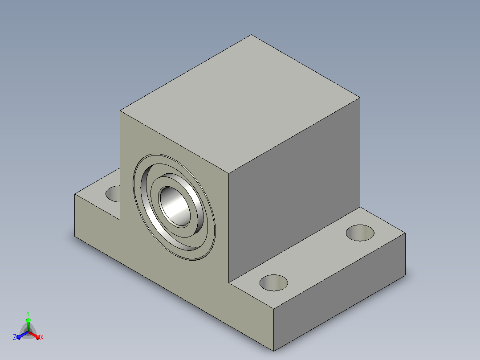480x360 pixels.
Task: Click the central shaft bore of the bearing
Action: [x=175, y=206]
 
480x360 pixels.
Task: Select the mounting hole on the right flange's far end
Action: [x=360, y=233]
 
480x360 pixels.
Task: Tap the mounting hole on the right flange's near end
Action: [x=274, y=283]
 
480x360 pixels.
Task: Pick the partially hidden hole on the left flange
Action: [x=113, y=194]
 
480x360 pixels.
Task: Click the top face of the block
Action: [x=240, y=104]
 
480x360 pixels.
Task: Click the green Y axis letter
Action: [x=28, y=313]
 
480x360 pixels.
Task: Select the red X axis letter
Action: [x=42, y=337]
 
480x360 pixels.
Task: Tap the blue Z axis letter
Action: [x=15, y=337]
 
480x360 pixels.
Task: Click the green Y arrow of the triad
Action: [x=28, y=324]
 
